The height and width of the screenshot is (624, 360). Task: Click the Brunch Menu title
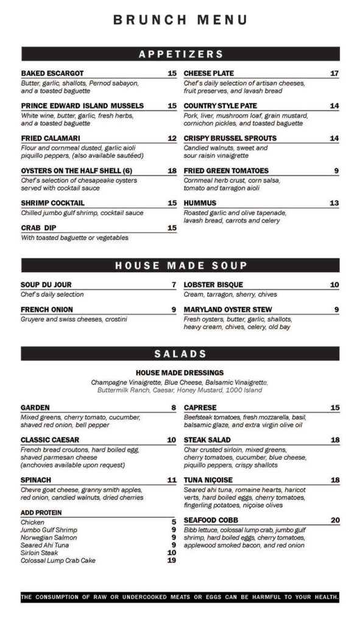[180, 19]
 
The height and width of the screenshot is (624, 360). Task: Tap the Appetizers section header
[180, 54]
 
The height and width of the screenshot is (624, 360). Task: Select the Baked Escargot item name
[52, 74]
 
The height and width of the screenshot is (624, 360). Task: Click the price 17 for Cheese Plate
[334, 74]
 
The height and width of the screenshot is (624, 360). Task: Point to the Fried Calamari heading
[51, 138]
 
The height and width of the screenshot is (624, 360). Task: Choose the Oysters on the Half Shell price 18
[172, 171]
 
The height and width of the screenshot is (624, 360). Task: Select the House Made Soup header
[180, 265]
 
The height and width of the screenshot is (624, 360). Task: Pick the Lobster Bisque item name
[213, 285]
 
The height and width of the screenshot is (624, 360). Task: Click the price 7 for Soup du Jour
[174, 285]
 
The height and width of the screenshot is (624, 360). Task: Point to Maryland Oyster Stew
[228, 310]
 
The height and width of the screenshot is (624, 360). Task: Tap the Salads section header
[180, 353]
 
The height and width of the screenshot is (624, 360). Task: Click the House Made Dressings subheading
[180, 372]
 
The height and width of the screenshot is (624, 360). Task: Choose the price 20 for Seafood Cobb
[335, 520]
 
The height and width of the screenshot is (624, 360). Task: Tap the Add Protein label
[41, 512]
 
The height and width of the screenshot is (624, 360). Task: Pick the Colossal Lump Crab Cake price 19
[172, 561]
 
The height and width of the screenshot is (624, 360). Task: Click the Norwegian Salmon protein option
[49, 537]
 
